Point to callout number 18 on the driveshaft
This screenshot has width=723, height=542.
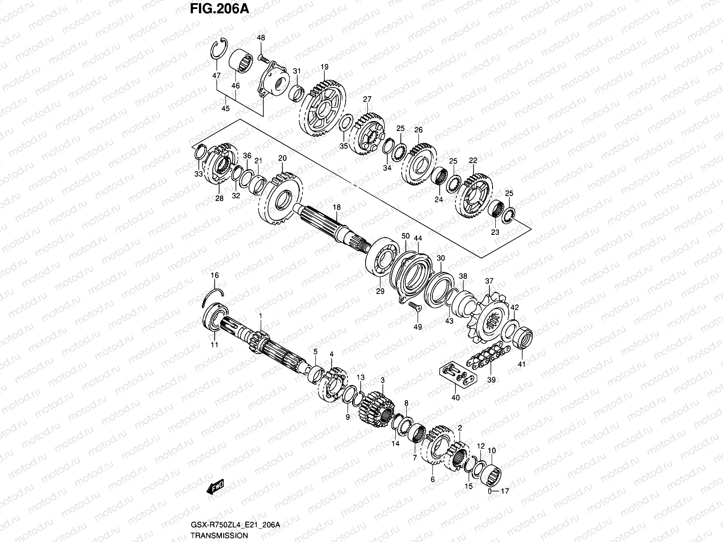pos(337,207)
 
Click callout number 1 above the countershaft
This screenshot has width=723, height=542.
pos(260,315)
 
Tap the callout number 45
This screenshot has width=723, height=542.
pos(225,108)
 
